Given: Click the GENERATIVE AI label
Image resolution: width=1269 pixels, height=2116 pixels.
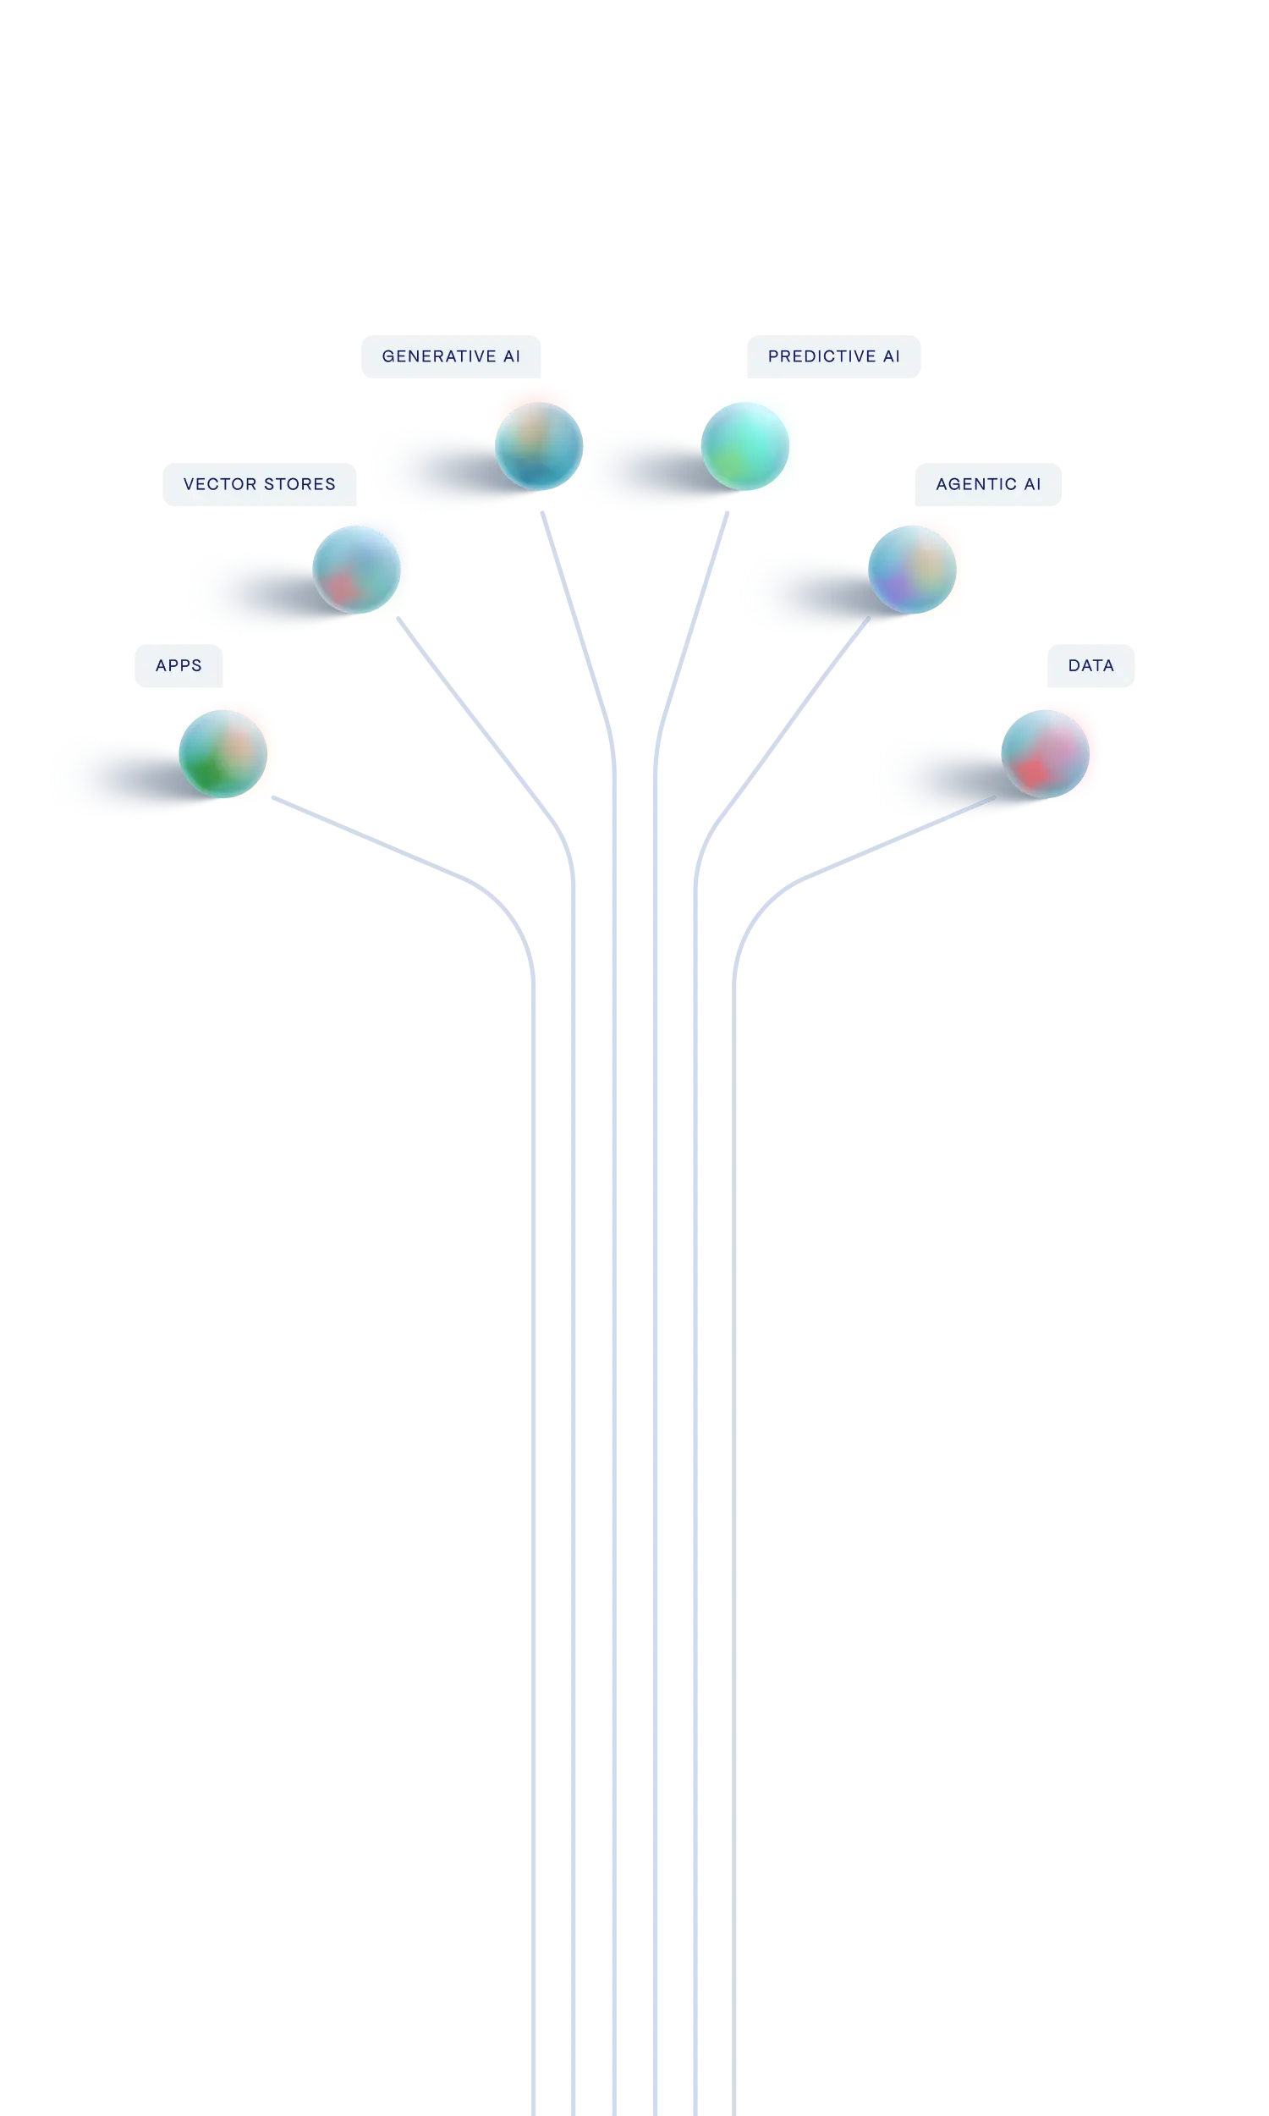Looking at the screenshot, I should click(x=450, y=355).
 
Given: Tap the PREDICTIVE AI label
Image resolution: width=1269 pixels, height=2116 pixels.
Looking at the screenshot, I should click(x=835, y=355).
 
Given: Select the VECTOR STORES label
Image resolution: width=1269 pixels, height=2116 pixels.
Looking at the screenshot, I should click(x=260, y=484).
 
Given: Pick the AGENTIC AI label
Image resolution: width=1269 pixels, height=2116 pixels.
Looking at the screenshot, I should click(x=987, y=484).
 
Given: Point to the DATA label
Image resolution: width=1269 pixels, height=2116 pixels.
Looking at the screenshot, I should click(x=1090, y=666).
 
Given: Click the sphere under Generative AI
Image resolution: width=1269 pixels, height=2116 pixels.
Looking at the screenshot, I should click(x=538, y=444).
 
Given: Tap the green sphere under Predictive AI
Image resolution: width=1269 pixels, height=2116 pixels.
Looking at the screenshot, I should click(x=745, y=444).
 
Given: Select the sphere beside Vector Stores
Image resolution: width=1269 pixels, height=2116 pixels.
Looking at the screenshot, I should click(x=355, y=569).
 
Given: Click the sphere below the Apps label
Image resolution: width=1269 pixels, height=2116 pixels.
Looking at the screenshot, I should click(x=223, y=752).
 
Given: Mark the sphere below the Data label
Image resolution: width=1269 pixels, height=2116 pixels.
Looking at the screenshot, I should click(x=1045, y=752).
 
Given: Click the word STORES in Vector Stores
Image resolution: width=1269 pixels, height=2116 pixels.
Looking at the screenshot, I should click(x=300, y=484).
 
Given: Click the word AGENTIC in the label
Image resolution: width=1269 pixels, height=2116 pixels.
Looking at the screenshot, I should click(x=975, y=484).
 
